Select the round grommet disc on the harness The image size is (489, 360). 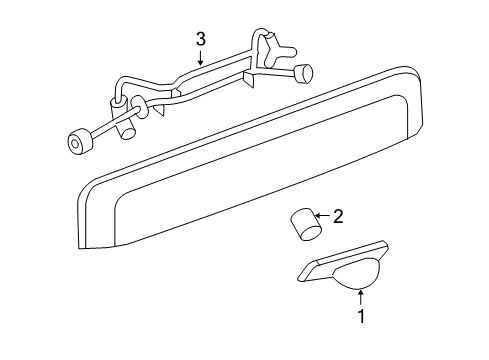click(x=139, y=108)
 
